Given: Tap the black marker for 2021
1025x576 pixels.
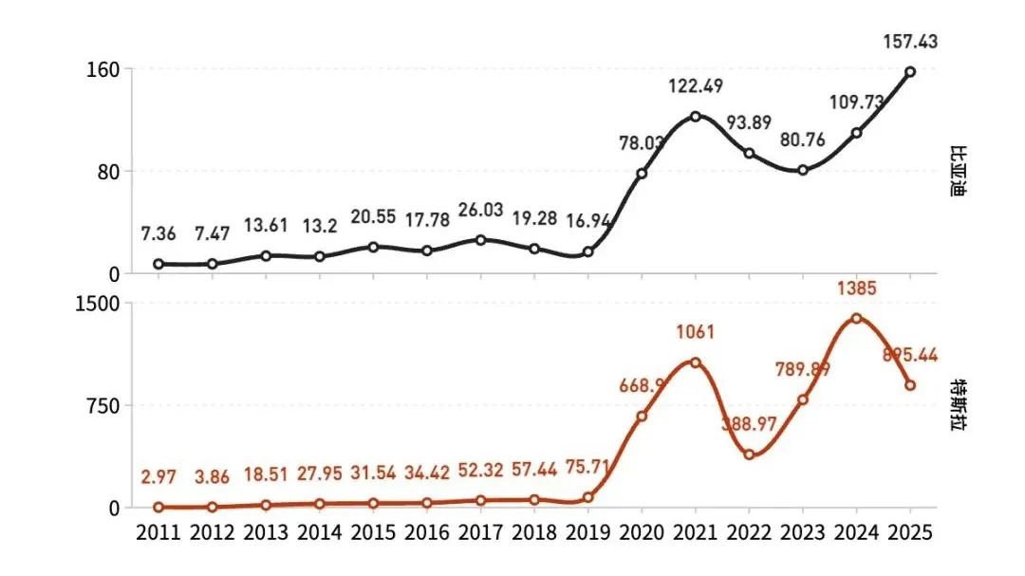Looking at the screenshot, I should [x=695, y=117].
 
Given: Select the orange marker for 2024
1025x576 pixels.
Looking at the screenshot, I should [x=856, y=318].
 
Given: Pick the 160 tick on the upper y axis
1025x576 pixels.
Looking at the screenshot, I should [x=102, y=69].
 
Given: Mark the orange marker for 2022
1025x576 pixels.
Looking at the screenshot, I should [x=749, y=455].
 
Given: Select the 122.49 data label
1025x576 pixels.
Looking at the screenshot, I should [x=695, y=86].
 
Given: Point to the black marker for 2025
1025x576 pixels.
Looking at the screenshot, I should [x=910, y=71].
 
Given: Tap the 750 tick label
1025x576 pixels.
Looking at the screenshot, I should [x=101, y=406].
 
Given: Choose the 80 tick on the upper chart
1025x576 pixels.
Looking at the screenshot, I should [x=107, y=172].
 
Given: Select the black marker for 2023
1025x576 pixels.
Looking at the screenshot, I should [x=803, y=170].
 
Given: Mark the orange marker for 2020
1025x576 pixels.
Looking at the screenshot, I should [x=642, y=416].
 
